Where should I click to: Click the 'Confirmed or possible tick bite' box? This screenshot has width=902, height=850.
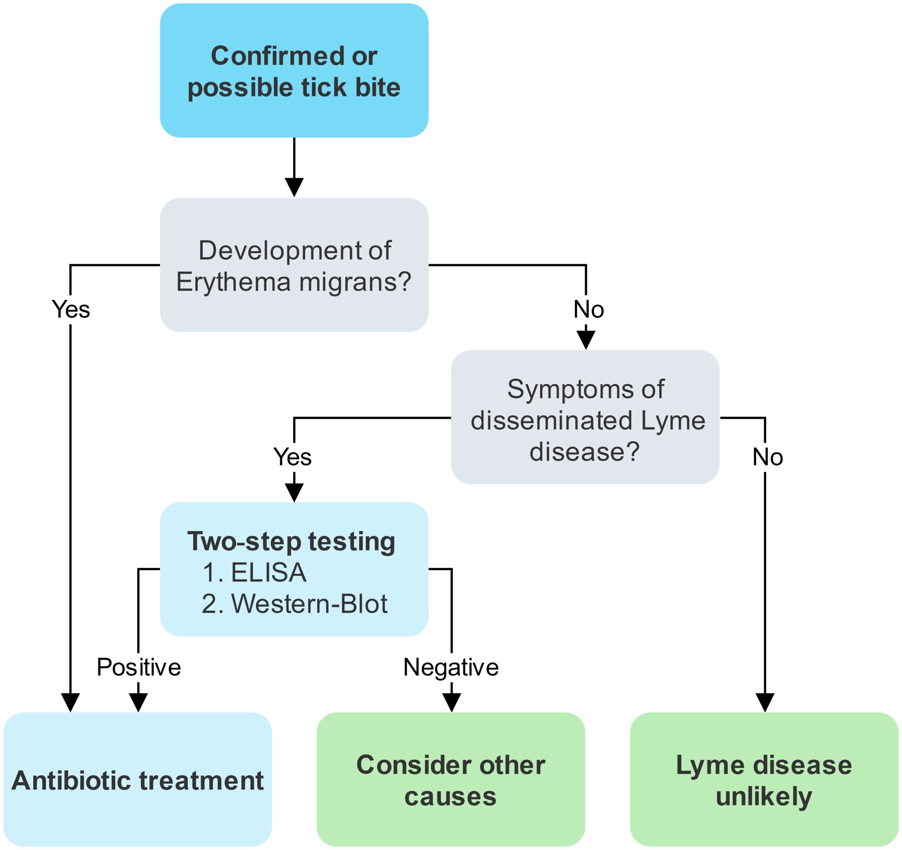point(294,70)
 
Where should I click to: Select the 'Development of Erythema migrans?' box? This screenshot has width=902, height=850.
point(294,265)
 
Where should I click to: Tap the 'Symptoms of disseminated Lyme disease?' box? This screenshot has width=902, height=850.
point(585,417)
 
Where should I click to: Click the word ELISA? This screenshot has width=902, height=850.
point(269,572)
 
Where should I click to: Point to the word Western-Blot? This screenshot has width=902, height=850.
point(310,604)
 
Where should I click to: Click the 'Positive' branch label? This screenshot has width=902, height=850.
point(139,667)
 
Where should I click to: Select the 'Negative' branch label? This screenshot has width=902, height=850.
point(451,668)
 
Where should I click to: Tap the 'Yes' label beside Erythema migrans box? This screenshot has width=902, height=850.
point(71,310)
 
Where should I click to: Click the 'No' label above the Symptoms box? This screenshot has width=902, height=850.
point(589,310)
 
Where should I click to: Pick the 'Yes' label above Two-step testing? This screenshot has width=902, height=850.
point(292,457)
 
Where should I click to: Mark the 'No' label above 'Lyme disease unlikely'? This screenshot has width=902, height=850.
point(768,457)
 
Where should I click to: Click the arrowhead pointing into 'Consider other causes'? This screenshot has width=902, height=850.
point(452,703)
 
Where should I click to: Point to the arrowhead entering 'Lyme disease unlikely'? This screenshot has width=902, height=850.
point(765,703)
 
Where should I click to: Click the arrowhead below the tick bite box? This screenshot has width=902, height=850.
point(294,188)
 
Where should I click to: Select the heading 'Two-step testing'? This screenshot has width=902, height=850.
point(291,542)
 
